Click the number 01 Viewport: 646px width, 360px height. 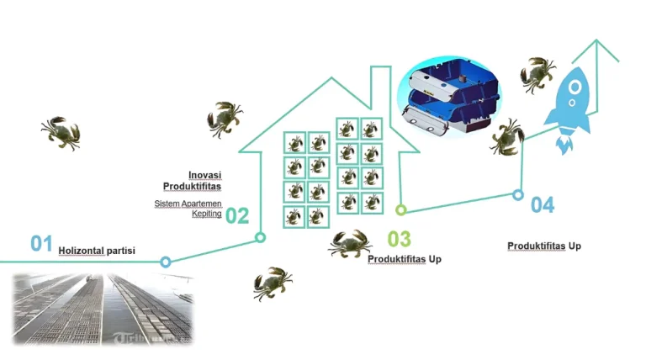(x=42, y=244)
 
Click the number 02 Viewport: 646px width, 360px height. (x=237, y=215)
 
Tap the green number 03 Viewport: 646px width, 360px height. (x=399, y=240)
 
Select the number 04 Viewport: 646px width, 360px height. (x=543, y=204)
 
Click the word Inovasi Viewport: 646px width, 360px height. (x=204, y=175)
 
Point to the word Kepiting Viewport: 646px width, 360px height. (x=207, y=214)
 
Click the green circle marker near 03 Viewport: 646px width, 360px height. (x=401, y=209)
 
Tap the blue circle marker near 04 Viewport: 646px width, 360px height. (x=518, y=194)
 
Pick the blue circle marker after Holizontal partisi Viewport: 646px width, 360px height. (x=166, y=262)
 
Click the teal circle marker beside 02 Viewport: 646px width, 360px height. (x=261, y=238)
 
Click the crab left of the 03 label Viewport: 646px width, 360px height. (x=350, y=244)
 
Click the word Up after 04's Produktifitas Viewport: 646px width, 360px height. (x=575, y=246)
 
